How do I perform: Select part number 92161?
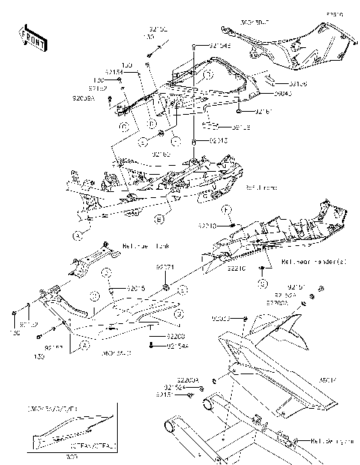262,112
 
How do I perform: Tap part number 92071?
165,266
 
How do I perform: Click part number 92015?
136,287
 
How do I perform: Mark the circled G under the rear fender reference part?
262,283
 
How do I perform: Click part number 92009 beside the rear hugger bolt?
234,318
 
